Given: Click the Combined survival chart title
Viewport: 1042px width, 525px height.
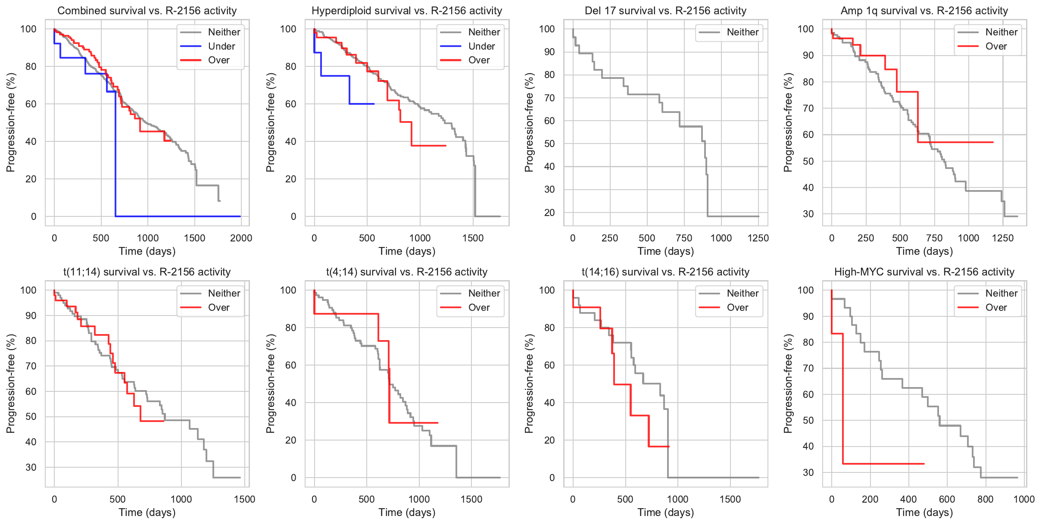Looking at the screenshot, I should point(147,11).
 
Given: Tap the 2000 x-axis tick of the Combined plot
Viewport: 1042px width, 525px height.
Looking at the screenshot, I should point(241,238).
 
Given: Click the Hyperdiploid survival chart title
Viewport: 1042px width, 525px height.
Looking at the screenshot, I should point(407,11).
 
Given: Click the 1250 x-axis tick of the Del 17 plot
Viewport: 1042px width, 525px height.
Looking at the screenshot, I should point(758,238).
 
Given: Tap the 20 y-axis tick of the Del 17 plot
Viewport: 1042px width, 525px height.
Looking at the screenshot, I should point(549,212).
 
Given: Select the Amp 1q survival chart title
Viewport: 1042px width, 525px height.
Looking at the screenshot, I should point(924,11).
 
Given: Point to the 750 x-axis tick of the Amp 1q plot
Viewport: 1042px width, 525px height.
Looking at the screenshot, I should point(934,238).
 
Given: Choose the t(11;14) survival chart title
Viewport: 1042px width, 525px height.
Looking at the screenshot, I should point(147,272).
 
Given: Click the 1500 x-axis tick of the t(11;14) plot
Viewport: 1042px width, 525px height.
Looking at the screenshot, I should point(244,499).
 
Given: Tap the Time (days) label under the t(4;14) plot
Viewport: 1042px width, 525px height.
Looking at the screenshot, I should point(407,512).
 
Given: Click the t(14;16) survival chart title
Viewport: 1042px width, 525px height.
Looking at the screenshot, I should point(665,272).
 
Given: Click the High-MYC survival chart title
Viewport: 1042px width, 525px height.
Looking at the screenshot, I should point(924,272).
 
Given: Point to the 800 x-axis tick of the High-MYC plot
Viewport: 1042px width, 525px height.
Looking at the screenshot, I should point(985,499).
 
